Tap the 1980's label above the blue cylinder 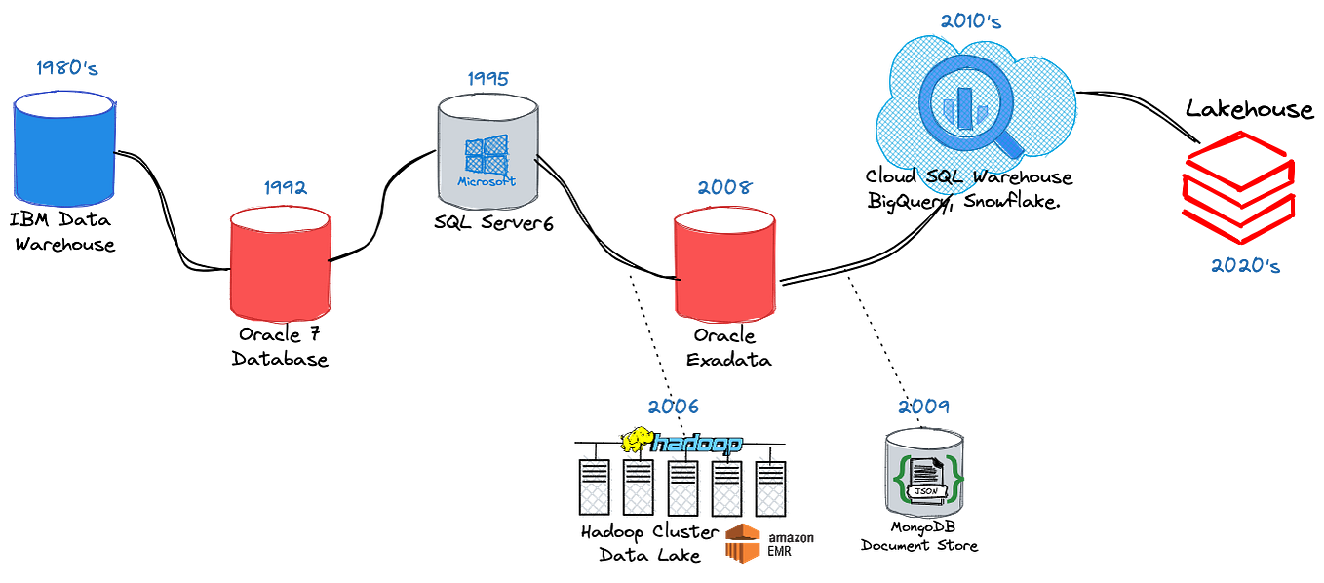point(67,68)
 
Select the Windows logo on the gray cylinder point(487,156)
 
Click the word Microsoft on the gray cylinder point(487,182)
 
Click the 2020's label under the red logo point(1244,265)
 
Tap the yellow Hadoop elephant point(637,441)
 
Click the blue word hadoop point(697,443)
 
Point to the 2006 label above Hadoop point(673,408)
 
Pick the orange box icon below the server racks point(741,543)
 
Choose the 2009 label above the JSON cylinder point(923,407)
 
